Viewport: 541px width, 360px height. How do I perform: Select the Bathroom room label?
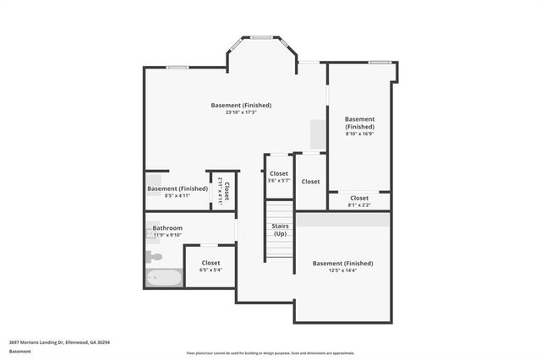pos(167,228)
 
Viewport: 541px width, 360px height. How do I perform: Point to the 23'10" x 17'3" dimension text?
pos(241,112)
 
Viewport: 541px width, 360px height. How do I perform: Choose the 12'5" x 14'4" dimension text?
pos(342,270)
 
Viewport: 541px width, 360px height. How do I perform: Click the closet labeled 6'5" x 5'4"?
pos(210,265)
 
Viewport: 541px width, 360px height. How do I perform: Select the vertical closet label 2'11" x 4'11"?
pos(223,190)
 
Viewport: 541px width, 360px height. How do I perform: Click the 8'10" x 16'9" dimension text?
pos(359,134)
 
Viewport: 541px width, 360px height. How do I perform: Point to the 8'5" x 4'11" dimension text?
pos(177,195)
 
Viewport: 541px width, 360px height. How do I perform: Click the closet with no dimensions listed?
pos(310,181)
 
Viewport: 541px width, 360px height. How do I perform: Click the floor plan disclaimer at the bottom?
pos(270,352)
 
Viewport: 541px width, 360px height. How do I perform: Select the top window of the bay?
pos(262,37)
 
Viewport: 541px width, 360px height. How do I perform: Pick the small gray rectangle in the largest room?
pos(317,134)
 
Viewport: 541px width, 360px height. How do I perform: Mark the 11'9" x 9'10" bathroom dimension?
pos(167,236)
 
